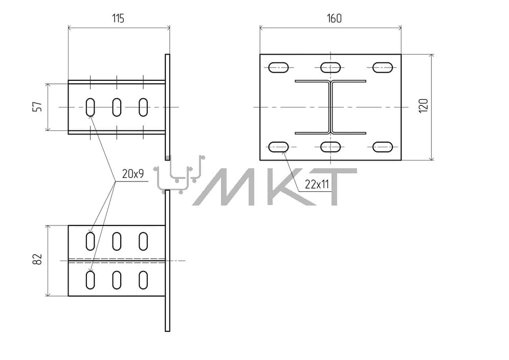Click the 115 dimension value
point(118,18)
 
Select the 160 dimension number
point(334,18)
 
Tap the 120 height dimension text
point(424,106)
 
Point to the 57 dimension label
point(38,107)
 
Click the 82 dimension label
point(38,259)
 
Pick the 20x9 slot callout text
point(133,174)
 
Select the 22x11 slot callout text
point(317,185)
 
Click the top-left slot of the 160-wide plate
point(278,67)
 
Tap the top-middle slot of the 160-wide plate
point(330,67)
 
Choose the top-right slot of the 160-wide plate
point(383,67)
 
